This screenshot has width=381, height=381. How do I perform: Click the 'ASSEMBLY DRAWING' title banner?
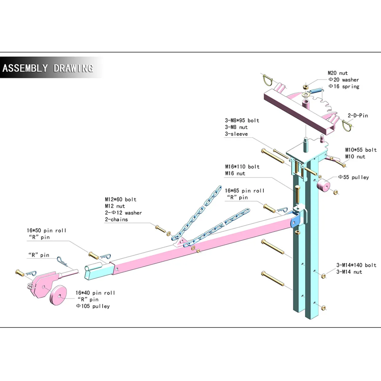click(48, 68)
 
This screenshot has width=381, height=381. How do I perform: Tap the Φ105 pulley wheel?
click(58, 295)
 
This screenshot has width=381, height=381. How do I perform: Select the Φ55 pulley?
click(323, 185)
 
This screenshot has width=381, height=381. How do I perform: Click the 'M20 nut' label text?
click(337, 73)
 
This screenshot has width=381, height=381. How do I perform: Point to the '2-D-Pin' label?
click(358, 116)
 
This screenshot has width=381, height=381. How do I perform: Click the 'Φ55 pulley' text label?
click(354, 177)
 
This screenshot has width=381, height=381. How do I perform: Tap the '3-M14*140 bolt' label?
click(356, 265)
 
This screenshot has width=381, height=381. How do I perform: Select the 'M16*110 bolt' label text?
click(242, 167)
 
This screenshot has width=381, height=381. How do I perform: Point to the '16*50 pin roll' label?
click(46, 230)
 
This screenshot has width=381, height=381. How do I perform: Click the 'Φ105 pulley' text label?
click(93, 306)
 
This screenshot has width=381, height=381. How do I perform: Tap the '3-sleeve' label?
click(236, 134)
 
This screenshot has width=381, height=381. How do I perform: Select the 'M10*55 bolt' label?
click(361, 150)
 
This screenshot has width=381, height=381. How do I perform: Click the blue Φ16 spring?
click(316, 91)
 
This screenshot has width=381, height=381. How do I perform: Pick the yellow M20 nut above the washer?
click(305, 87)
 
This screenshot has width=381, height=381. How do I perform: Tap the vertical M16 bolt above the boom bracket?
click(297, 194)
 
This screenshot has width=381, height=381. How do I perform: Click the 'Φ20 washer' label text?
click(344, 80)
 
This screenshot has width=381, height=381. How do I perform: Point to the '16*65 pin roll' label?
click(245, 190)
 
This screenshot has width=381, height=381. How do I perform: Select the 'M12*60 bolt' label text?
click(121, 199)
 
